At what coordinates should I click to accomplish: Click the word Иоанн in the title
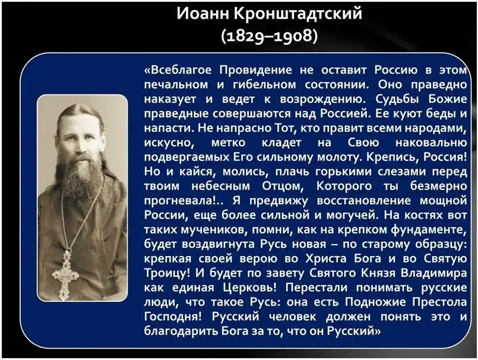[x=202, y=14]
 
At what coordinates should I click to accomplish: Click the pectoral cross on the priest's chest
[x=66, y=274]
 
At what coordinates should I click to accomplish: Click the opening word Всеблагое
[x=178, y=70]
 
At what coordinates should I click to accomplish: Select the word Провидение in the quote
[x=256, y=70]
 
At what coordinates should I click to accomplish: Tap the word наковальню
[x=431, y=143]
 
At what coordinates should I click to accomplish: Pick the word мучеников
[x=213, y=230]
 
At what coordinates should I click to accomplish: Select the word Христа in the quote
[x=326, y=258]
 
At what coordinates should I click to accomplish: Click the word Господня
[x=173, y=317]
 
